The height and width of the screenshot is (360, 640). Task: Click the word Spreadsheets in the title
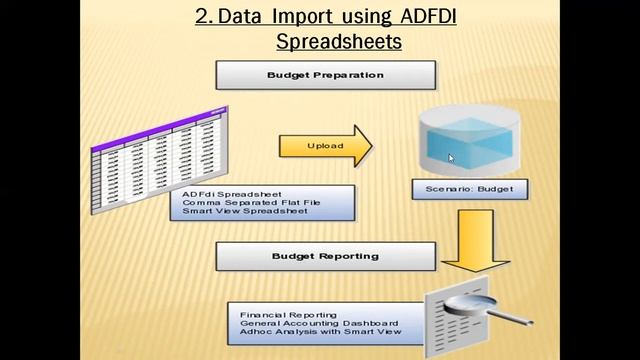point(340,43)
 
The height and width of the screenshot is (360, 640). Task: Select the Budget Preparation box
point(325,75)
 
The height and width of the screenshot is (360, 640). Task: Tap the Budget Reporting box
point(325,256)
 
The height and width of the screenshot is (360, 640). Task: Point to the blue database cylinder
point(466,140)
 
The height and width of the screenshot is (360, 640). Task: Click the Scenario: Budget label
point(469,188)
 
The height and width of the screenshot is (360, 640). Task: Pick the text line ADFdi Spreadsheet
point(232,193)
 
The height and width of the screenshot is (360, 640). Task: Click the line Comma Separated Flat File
point(247,202)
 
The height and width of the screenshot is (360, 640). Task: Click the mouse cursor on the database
point(451,157)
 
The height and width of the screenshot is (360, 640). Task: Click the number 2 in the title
point(200,18)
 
